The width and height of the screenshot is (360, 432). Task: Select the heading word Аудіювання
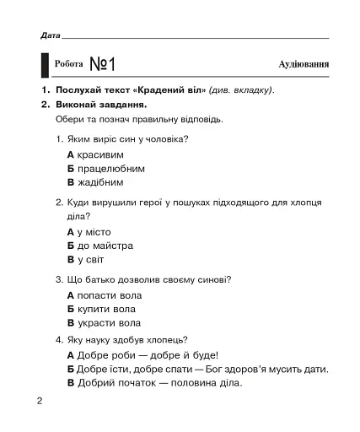(304, 65)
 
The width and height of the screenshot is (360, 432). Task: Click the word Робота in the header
(68, 65)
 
